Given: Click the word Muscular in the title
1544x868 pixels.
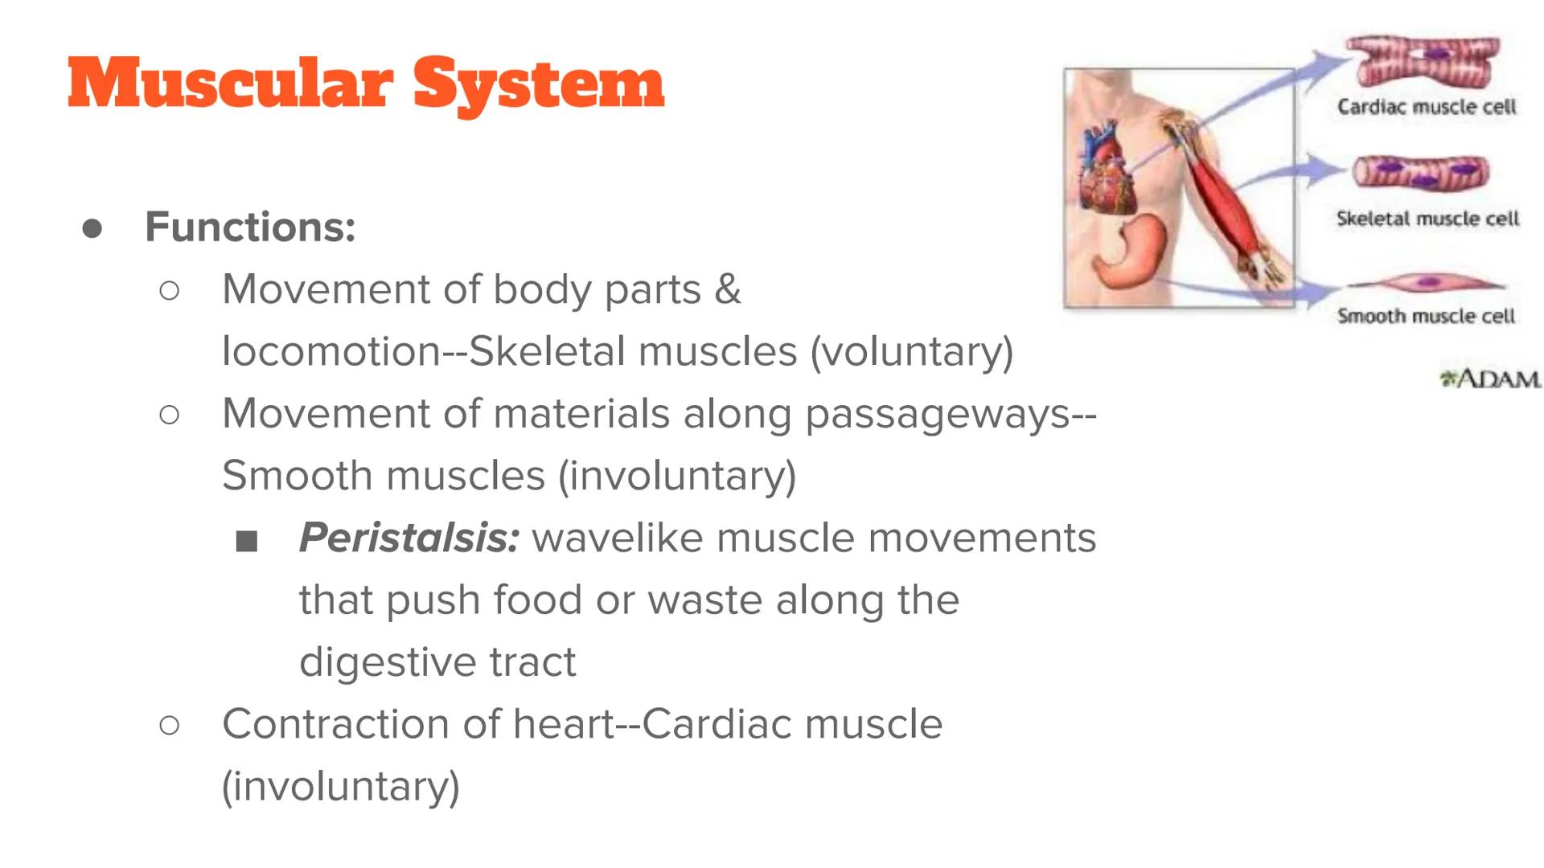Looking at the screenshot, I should pyautogui.click(x=231, y=84).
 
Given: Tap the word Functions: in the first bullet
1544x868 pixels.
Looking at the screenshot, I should pyautogui.click(x=250, y=227).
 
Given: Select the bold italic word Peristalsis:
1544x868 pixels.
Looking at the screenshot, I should pyautogui.click(x=409, y=538).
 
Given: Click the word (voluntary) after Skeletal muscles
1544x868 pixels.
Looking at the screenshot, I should pyautogui.click(x=912, y=351).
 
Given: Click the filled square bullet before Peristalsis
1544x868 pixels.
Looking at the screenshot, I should pyautogui.click(x=247, y=542).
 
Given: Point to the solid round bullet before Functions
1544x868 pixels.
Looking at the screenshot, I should pyautogui.click(x=92, y=228).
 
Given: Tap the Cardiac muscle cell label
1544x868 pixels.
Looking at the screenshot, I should pyautogui.click(x=1427, y=107).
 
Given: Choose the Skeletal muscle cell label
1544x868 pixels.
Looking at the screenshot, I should pyautogui.click(x=1427, y=219).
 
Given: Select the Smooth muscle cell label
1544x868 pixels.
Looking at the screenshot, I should pyautogui.click(x=1426, y=316).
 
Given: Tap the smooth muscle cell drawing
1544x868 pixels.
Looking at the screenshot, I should pyautogui.click(x=1425, y=283).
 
